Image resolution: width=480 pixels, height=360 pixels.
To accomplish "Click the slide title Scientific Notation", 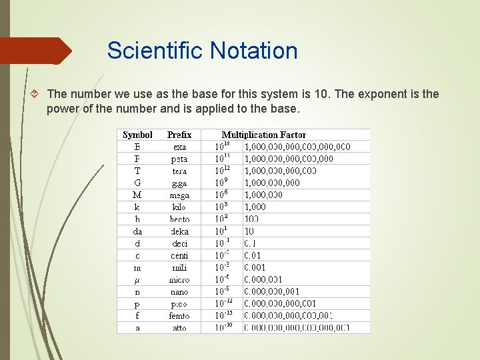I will click(202, 51).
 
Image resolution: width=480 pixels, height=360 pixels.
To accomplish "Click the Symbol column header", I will click(137, 135).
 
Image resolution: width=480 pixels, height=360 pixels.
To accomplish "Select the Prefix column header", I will click(179, 135).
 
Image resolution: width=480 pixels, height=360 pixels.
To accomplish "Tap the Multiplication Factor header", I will click(264, 135).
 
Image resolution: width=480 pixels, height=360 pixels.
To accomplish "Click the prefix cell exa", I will click(179, 147).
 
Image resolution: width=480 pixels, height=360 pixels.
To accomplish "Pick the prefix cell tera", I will click(179, 171).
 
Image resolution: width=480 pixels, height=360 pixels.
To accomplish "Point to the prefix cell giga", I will click(179, 183).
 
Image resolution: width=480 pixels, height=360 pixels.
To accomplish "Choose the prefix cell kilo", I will click(179, 207).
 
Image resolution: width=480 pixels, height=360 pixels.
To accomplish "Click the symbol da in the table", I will click(137, 231).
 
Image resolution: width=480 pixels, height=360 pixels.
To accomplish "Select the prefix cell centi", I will click(179, 255).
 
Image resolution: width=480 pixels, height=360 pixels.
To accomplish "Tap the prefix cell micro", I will click(179, 279).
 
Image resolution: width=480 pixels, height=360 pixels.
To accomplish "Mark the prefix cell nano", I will click(179, 291).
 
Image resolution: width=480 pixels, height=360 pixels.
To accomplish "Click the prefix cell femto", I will click(179, 315).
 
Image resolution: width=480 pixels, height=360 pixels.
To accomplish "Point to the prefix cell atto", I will click(179, 327).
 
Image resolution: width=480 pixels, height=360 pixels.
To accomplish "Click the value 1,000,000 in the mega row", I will click(263, 195).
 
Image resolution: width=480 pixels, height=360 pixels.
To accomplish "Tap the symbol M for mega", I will click(137, 195).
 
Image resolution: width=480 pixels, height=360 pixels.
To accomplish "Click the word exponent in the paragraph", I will click(381, 94).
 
